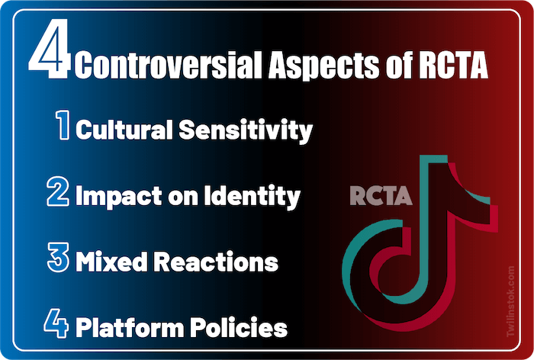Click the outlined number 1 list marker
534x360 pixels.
tap(63, 127)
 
